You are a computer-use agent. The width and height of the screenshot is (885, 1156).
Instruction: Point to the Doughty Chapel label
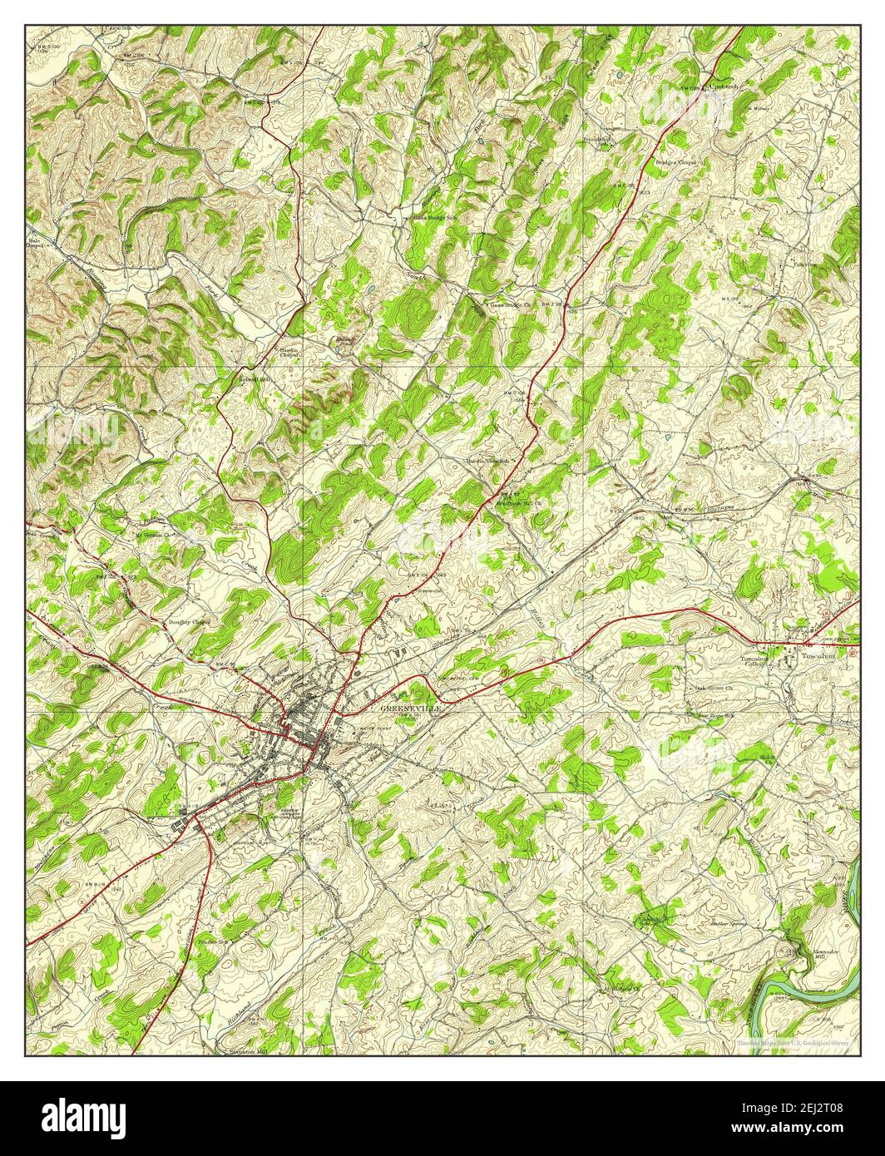190,621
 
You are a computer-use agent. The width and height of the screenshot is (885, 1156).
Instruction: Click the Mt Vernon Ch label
155,535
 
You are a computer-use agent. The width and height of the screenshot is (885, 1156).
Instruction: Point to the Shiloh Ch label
769,758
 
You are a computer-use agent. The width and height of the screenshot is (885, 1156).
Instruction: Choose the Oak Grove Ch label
712,689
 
